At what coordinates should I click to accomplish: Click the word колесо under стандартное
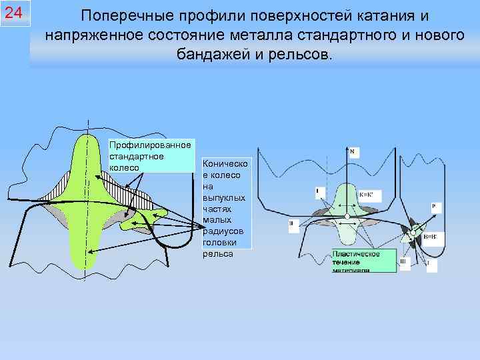[x=124, y=167]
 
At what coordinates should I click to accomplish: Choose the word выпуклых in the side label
[x=218, y=198]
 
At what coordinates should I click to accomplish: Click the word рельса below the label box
[x=217, y=253]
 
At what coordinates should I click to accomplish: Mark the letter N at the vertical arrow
[x=352, y=151]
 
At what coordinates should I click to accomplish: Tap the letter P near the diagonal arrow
[x=433, y=207]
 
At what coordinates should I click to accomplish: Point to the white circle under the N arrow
[x=347, y=217]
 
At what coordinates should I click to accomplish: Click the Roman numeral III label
[x=402, y=262]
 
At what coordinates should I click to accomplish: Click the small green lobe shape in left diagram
[x=144, y=217]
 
